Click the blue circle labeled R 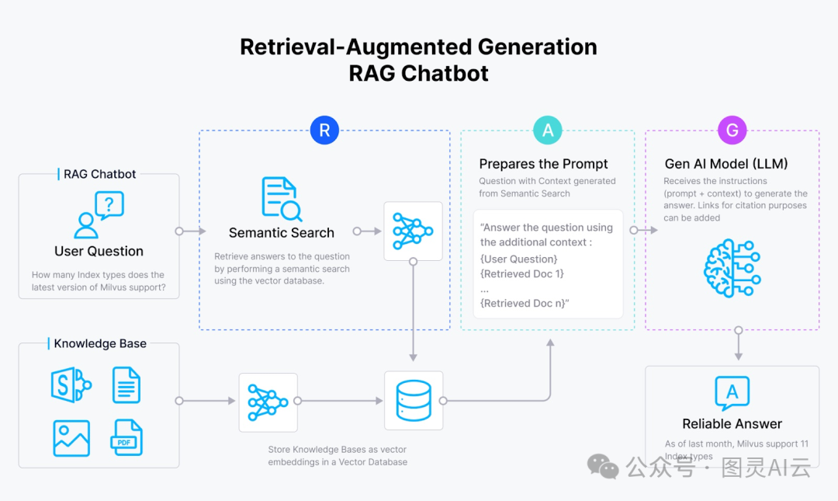[324, 130]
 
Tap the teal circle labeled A [548, 130]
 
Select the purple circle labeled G [732, 130]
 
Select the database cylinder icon [414, 401]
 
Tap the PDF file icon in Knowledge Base [126, 438]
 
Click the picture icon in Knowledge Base [71, 438]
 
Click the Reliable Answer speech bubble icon [732, 394]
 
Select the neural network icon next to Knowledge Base [268, 401]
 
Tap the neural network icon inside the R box [414, 231]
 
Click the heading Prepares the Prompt [543, 164]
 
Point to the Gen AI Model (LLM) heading [726, 164]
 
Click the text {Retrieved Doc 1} [522, 273]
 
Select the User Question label [99, 251]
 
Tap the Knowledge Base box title [100, 343]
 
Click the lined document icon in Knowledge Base [126, 385]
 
